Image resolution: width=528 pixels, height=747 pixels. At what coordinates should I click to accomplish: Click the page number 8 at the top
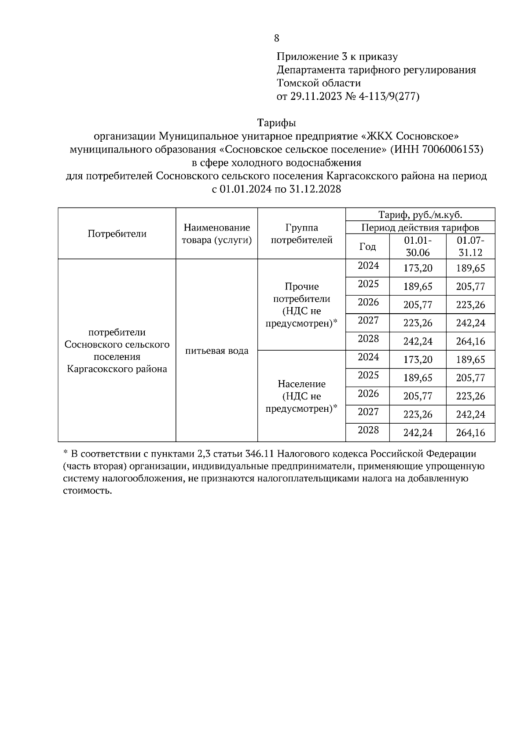tap(276, 38)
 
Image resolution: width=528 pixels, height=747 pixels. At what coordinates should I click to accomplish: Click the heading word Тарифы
tap(276, 122)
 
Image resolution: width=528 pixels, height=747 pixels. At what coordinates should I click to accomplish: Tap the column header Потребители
tap(117, 234)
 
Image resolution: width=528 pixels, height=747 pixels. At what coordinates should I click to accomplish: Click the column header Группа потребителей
tap(301, 234)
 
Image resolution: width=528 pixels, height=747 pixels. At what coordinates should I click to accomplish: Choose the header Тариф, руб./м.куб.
tap(420, 215)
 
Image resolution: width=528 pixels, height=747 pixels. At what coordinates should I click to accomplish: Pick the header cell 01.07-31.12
tap(470, 246)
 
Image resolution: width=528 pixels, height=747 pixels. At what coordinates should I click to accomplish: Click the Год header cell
tap(367, 246)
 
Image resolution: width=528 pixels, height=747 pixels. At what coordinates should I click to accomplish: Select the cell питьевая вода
tap(216, 351)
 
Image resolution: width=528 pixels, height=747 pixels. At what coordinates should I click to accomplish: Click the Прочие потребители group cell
tap(301, 305)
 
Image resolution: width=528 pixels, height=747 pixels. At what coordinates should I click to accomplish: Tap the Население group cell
tap(301, 396)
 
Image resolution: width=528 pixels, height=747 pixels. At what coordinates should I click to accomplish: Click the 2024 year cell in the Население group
tap(368, 357)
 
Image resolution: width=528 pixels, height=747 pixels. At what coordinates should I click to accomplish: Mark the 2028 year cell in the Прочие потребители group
tap(368, 339)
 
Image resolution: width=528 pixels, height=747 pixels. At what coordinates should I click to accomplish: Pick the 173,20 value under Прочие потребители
tap(418, 268)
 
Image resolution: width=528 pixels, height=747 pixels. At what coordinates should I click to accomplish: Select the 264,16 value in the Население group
tap(470, 433)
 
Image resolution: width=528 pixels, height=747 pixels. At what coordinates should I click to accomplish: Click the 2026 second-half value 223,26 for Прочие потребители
tap(470, 305)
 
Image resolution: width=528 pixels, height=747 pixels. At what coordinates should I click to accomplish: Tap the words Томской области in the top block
tap(319, 83)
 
